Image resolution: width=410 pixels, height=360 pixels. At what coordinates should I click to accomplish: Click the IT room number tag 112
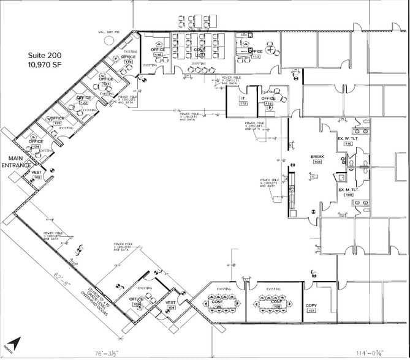tap(243, 103)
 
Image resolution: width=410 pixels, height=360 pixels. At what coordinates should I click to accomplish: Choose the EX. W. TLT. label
tap(349, 140)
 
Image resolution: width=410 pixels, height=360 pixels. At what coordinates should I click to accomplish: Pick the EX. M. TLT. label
tap(349, 190)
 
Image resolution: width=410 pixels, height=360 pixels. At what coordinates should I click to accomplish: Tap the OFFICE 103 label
tap(136, 301)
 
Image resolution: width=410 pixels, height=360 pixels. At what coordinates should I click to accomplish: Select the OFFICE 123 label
tap(58, 119)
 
